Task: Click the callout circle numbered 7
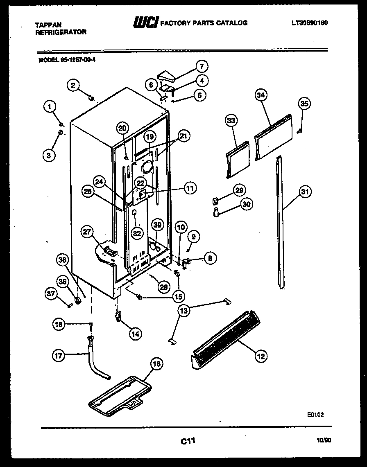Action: pyautogui.click(x=201, y=66)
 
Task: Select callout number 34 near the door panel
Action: pyautogui.click(x=261, y=95)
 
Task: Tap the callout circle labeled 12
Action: pyautogui.click(x=261, y=356)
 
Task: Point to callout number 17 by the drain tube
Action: pyautogui.click(x=59, y=356)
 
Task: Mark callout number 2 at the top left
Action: pyautogui.click(x=72, y=85)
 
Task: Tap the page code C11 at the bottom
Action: pyautogui.click(x=187, y=441)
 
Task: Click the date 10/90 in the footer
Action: pyautogui.click(x=323, y=440)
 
